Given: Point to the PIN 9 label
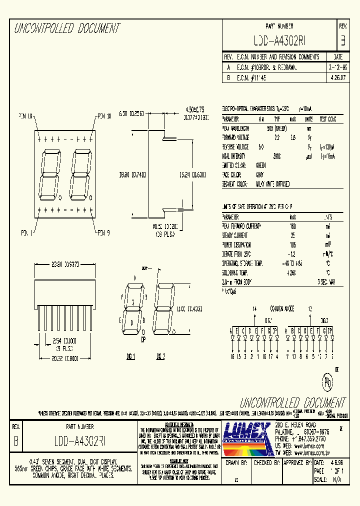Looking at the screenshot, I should tap(102, 232).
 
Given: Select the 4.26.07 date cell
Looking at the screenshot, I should tap(337, 78).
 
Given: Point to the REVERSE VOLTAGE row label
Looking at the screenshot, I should tap(236, 147).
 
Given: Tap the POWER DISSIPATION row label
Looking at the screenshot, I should tap(237, 245).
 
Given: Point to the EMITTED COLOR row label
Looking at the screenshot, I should tap(233, 165).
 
